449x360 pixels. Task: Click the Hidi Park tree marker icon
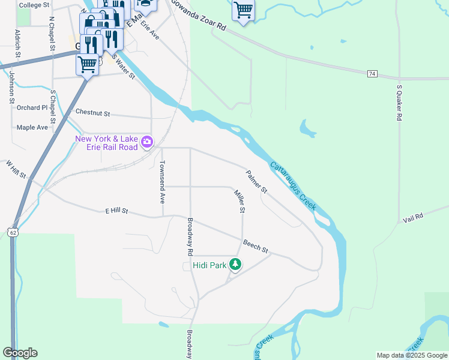tap(236, 264)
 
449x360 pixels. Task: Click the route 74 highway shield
tap(372, 73)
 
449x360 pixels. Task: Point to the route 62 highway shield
tap(13, 231)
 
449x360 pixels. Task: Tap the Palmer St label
tap(256, 182)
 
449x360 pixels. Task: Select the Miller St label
tap(240, 201)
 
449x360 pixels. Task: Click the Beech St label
tap(255, 245)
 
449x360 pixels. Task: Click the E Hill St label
tap(117, 211)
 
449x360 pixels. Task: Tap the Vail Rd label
tap(414, 217)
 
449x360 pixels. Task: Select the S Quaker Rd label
tap(399, 103)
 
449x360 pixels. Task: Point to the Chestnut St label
tap(93, 113)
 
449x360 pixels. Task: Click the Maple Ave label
tap(32, 127)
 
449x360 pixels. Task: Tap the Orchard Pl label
tap(32, 108)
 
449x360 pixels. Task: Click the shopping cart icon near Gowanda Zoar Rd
tap(243, 10)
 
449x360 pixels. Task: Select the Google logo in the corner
tap(20, 353)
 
